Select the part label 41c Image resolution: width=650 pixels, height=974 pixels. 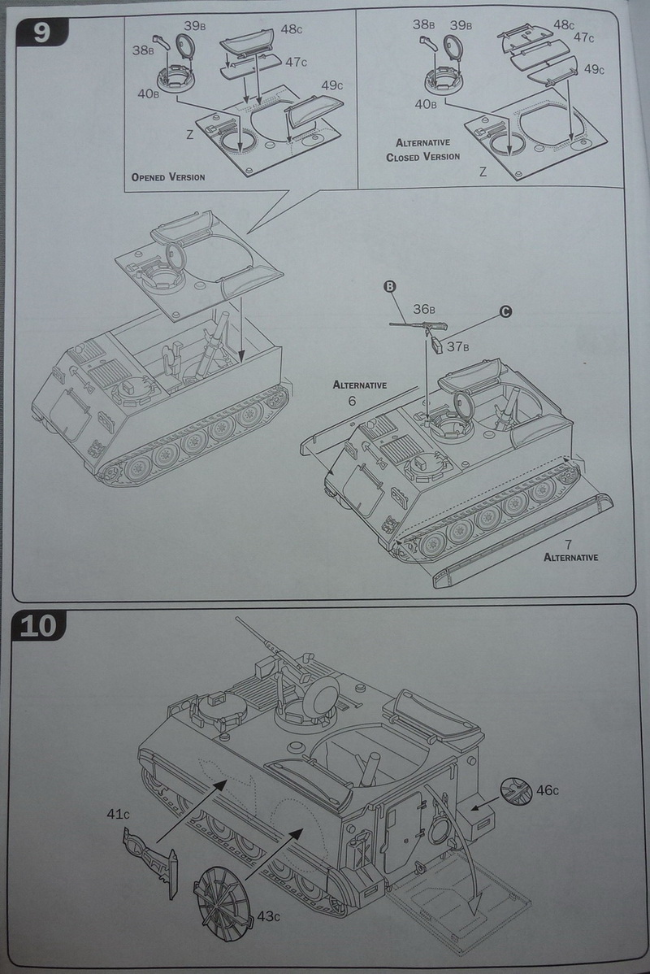tap(119, 814)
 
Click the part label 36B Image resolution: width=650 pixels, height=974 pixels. tap(424, 309)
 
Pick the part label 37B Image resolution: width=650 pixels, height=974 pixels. tap(459, 346)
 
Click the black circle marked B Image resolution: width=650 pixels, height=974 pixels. tap(389, 286)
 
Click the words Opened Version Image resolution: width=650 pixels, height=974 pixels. tap(167, 176)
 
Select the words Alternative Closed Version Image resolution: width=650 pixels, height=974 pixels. tap(423, 149)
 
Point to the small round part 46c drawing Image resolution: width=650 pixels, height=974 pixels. tap(515, 790)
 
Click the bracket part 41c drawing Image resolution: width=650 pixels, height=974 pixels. tap(153, 859)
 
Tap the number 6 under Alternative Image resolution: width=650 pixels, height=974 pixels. tap(352, 402)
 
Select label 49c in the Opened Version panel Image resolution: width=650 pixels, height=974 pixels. tap(331, 85)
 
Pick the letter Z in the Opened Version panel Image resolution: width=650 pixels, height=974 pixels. tap(189, 135)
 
